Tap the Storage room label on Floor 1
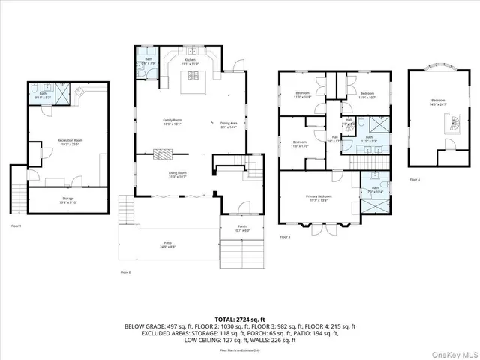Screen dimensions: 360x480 point(73,200)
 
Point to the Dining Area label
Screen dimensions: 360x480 point(229,125)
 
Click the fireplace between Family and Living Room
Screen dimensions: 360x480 point(163,154)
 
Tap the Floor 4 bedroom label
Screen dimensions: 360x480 point(437,102)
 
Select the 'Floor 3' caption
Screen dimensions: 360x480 point(285,237)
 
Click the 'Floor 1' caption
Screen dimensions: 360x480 point(16,226)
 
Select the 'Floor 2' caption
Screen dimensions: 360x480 point(125,271)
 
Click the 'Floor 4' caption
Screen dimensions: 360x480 point(415,180)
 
